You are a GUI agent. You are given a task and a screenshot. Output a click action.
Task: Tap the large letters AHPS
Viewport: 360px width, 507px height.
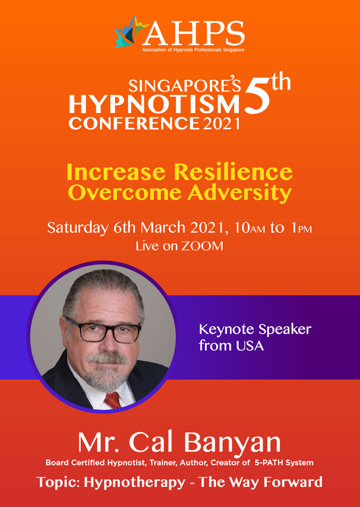(x=194, y=33)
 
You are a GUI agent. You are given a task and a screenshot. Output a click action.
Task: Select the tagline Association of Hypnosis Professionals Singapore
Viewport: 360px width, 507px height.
(x=193, y=49)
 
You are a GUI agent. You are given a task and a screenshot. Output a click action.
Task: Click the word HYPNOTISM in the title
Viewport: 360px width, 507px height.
(x=154, y=104)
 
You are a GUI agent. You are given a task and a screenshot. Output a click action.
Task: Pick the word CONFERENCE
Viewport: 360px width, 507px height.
(x=134, y=123)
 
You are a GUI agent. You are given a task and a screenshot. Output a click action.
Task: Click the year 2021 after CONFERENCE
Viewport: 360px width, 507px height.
(x=221, y=123)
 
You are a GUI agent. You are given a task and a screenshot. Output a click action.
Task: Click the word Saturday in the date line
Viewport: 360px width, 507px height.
(x=78, y=228)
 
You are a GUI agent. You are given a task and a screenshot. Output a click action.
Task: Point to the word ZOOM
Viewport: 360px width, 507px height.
(x=202, y=246)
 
